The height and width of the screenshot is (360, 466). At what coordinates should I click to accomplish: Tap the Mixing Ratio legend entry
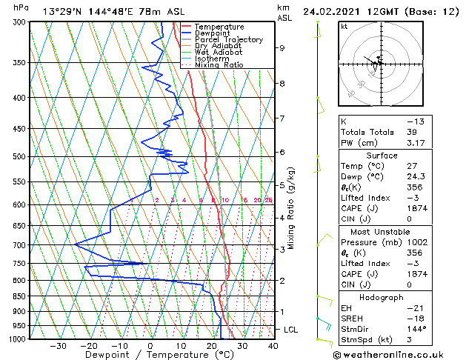pyautogui.click(x=219, y=64)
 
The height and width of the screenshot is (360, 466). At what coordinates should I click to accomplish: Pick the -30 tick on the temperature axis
pyautogui.click(x=58, y=346)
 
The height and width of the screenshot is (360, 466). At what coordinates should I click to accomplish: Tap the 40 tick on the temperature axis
pyautogui.click(x=273, y=346)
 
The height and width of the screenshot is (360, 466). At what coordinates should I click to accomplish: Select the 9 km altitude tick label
pyautogui.click(x=282, y=48)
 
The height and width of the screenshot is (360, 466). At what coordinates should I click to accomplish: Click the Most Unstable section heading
pyautogui.click(x=382, y=231)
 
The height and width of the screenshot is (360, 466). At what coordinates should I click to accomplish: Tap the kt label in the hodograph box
pyautogui.click(x=344, y=27)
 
